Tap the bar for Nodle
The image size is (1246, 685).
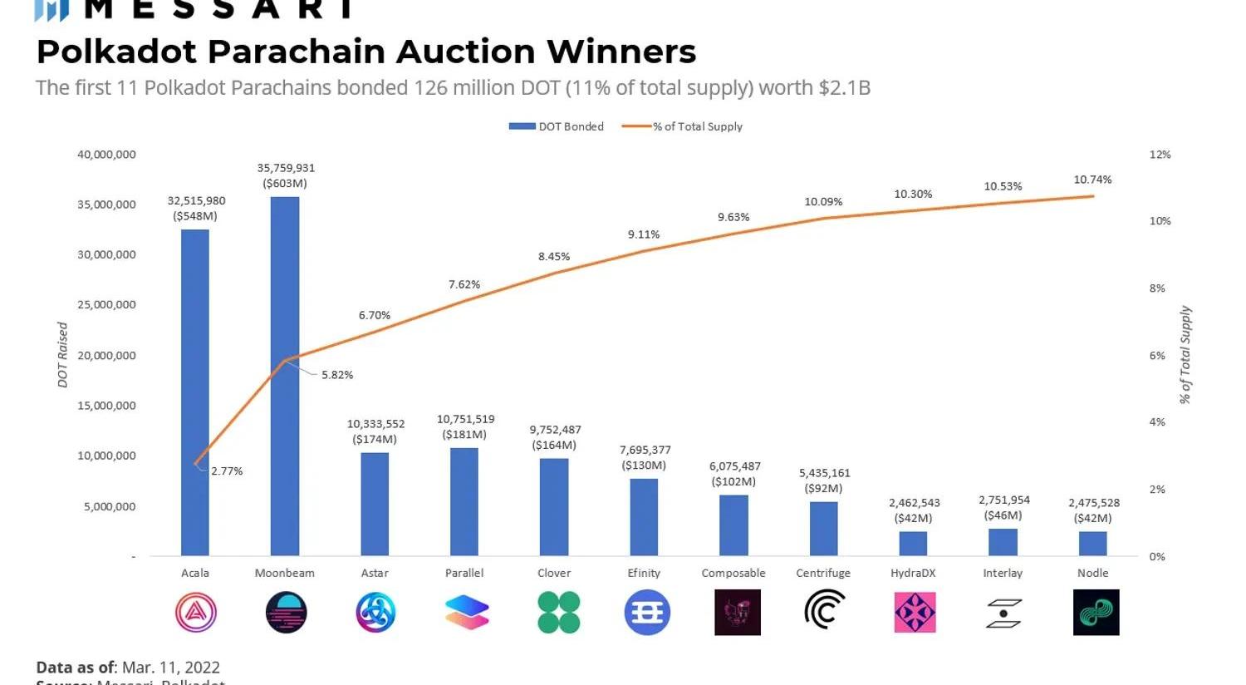[x=1092, y=544]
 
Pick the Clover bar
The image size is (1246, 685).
[x=554, y=507]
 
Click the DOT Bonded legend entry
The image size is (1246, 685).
[x=557, y=126]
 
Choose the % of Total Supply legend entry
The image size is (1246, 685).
[x=683, y=126]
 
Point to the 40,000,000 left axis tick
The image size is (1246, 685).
[x=106, y=155]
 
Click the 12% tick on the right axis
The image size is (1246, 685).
[x=1160, y=155]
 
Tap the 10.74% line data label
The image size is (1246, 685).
[x=1092, y=180]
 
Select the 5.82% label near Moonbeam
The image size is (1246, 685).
[x=337, y=375]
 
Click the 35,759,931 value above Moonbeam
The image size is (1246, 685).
[x=286, y=168]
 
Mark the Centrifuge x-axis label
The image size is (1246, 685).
[x=823, y=573]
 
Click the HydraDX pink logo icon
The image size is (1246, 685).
[x=915, y=613]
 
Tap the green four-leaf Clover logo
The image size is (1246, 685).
[x=558, y=613]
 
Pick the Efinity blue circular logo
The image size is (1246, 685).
[x=647, y=613]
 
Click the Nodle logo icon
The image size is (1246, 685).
[x=1096, y=613]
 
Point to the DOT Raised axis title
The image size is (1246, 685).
[x=62, y=355]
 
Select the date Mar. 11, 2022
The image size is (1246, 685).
[x=170, y=667]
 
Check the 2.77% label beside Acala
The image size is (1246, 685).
[x=227, y=471]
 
